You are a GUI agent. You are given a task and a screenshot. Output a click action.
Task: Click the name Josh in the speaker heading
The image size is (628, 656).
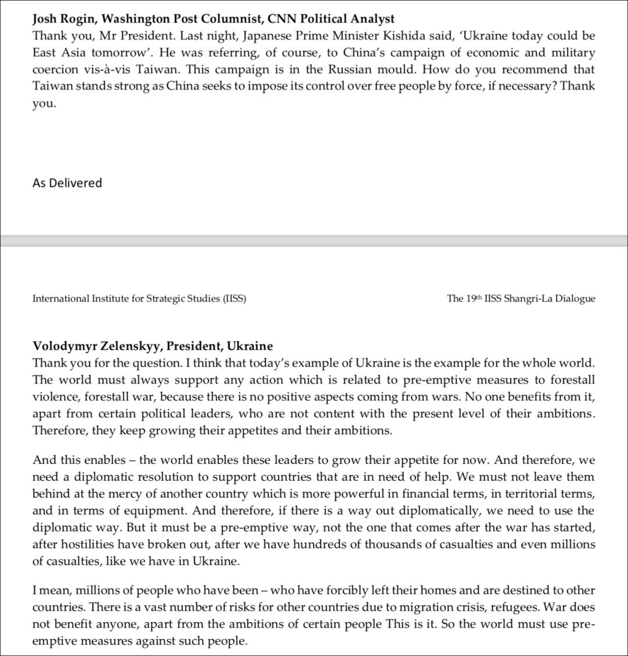coord(45,19)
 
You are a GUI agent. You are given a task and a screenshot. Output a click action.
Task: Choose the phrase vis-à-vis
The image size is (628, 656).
coord(109,69)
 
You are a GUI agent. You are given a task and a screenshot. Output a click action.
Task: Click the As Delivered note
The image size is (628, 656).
coord(67,183)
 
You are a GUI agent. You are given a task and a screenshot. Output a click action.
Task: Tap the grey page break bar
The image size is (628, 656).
coord(314,241)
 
